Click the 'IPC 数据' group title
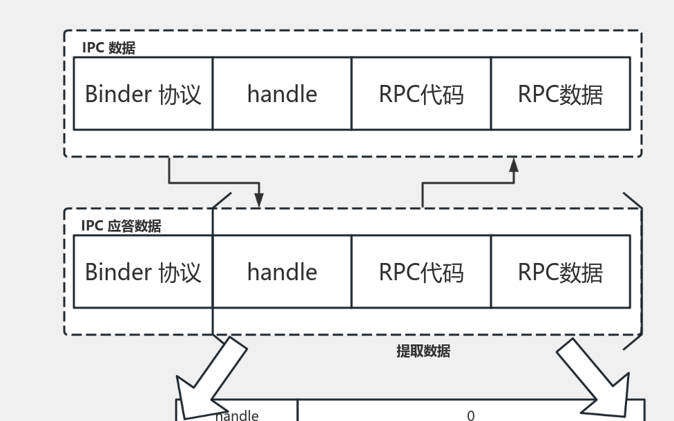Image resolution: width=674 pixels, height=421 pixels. point(108,48)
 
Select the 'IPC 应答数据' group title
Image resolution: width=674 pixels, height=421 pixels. point(121,226)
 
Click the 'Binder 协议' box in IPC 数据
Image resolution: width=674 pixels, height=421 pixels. point(143,94)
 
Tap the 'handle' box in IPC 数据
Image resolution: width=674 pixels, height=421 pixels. point(282,94)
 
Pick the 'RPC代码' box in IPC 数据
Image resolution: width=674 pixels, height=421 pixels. point(421,94)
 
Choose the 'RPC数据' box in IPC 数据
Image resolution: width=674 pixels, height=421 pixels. point(560,94)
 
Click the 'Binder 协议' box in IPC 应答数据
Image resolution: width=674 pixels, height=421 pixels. point(143,272)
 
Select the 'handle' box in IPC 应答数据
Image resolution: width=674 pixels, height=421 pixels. point(282,272)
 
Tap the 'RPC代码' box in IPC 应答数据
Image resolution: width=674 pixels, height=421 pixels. point(421,272)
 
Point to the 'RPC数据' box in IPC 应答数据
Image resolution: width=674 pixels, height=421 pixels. point(560,272)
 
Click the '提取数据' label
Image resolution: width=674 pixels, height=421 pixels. point(423,351)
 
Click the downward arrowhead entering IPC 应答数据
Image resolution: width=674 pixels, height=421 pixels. point(259,201)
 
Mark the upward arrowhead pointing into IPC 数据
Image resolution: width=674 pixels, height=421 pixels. point(514,164)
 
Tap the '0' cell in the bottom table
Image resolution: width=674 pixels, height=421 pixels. point(471,415)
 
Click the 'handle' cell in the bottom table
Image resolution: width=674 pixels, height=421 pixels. point(237,415)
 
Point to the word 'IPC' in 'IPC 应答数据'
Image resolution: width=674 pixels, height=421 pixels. point(92,226)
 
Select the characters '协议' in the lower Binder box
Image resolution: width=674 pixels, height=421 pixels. point(180,272)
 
